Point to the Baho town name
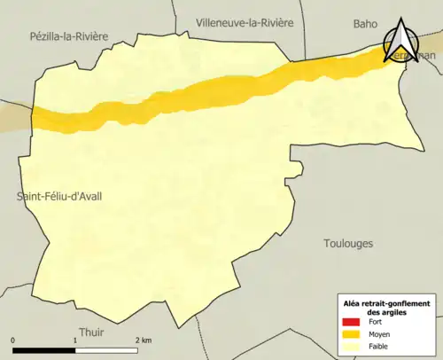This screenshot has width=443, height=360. click(x=365, y=24)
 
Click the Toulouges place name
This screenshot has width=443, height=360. click(x=348, y=243)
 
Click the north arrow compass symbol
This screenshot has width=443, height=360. click(x=403, y=41)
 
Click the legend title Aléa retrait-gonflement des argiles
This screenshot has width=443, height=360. click(x=386, y=307)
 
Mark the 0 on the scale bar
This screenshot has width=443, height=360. click(x=13, y=340)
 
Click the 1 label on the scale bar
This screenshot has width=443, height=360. click(x=75, y=340)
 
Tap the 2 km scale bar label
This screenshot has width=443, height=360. click(x=142, y=340)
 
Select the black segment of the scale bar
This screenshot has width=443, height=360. click(x=44, y=349)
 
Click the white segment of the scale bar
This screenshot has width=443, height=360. click(x=106, y=349)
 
